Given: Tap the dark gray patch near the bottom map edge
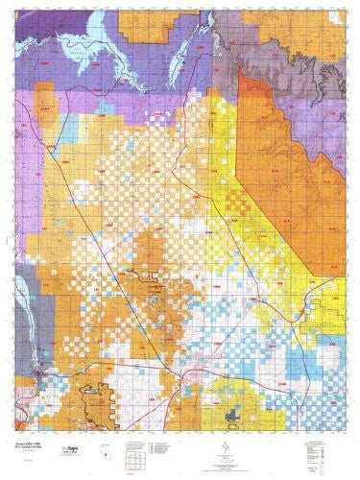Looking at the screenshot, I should click(x=237, y=413).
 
